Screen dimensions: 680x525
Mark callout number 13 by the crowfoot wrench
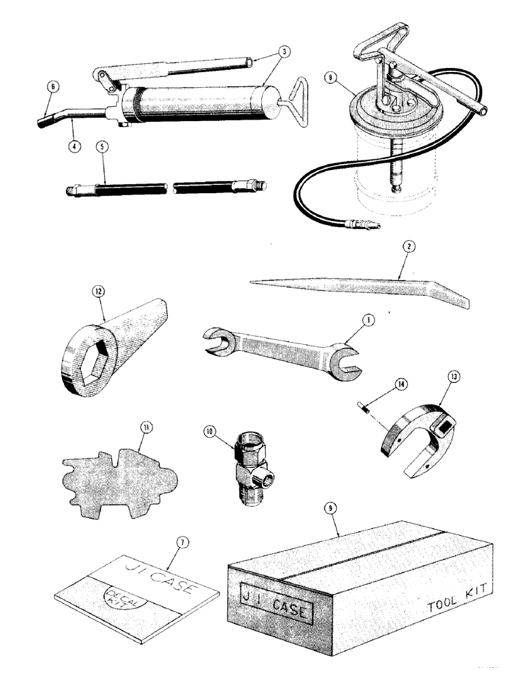click(454, 394)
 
